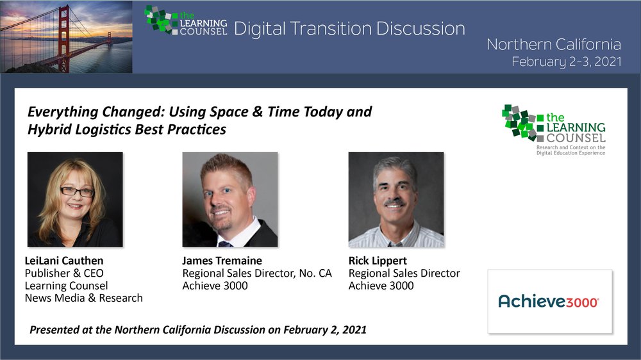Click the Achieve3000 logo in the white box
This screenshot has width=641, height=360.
click(x=549, y=302)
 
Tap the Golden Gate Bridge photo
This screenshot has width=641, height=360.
click(x=66, y=37)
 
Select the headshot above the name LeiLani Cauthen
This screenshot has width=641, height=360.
click(x=75, y=199)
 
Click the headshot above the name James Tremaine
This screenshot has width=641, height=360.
click(x=229, y=199)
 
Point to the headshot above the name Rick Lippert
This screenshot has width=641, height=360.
click(x=395, y=199)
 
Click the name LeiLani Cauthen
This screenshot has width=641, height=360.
click(x=64, y=261)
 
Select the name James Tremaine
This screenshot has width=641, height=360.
click(x=222, y=261)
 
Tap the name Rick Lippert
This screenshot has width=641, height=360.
click(x=378, y=261)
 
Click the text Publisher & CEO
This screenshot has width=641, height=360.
click(x=64, y=273)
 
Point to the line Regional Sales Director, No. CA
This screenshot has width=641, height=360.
click(x=257, y=274)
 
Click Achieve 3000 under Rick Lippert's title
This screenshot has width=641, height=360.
click(x=381, y=286)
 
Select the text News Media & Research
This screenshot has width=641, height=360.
click(x=84, y=298)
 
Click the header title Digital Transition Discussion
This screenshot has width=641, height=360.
click(x=349, y=29)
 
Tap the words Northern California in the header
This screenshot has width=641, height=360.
click(x=554, y=44)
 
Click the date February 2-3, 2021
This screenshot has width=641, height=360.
click(x=567, y=61)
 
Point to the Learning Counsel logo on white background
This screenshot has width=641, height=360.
click(x=554, y=129)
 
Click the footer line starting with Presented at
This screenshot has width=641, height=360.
click(x=198, y=330)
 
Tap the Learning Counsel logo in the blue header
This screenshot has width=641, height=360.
click(x=186, y=20)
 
